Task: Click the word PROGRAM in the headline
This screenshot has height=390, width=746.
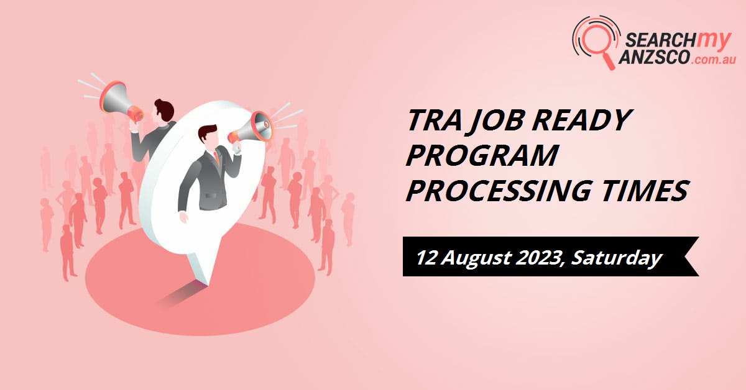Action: (x=482, y=156)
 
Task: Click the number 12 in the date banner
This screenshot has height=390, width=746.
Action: (x=428, y=256)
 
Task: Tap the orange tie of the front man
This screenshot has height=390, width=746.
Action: (x=216, y=158)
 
